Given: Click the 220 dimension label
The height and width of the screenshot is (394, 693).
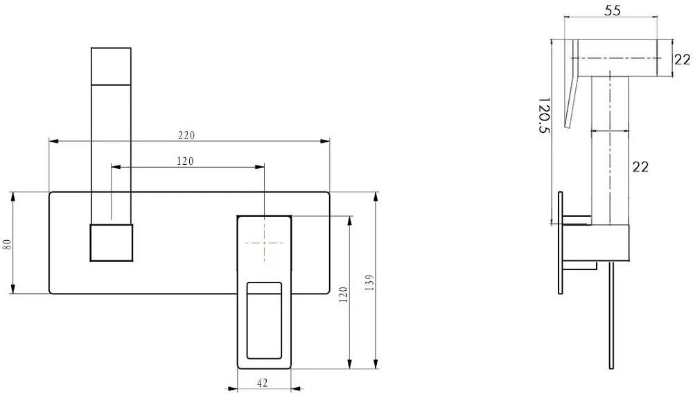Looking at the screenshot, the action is pos(186,135).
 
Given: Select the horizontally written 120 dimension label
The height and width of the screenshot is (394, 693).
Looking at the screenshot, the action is pos(185,161).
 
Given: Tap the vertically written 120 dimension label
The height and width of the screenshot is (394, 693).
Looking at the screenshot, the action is pos(344,294).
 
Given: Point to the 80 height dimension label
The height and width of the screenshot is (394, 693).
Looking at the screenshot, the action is pos(7,244).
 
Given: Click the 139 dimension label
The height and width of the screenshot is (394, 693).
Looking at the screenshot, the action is pos(370,283).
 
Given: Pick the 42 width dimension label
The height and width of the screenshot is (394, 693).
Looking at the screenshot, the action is pos(262,383).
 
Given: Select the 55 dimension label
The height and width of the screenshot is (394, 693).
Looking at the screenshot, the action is pos(613,10).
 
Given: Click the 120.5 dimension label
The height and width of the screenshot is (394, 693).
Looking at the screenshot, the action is pos(543,115).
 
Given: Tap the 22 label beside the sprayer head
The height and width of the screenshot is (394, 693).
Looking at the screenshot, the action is pos(683,59).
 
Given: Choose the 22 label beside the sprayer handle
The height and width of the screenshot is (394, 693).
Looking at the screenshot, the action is pos(640,167).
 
